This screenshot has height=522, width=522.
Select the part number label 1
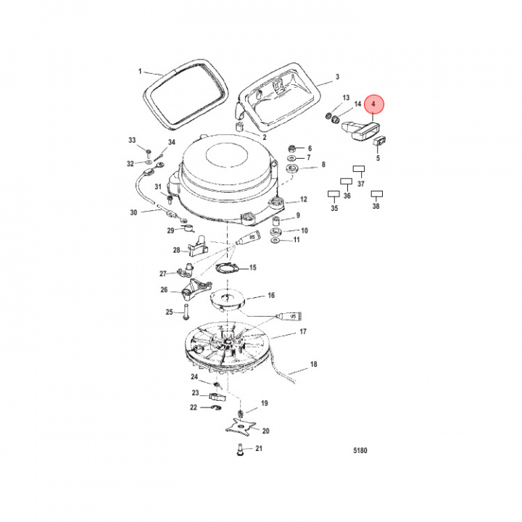pyautogui.click(x=141, y=72)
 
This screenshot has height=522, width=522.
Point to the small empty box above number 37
pyautogui.click(x=358, y=169)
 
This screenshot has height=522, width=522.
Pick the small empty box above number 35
pyautogui.click(x=333, y=194)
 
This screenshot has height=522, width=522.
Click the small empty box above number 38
pyautogui.click(x=376, y=194)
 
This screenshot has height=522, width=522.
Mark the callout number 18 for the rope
pyautogui.click(x=314, y=364)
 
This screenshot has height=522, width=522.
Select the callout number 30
pyautogui.click(x=133, y=212)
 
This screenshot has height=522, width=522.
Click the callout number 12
pyautogui.click(x=304, y=199)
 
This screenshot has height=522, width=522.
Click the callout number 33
pyautogui.click(x=132, y=139)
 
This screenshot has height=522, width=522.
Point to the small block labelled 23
pyautogui.click(x=215, y=396)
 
